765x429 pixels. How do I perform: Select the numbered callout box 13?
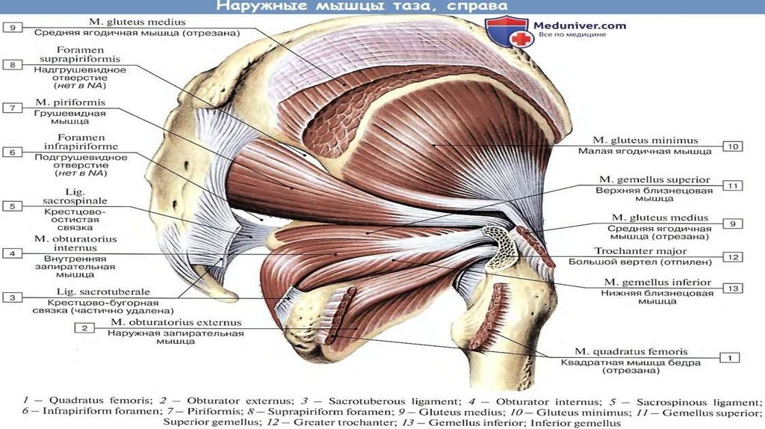coord(732,288)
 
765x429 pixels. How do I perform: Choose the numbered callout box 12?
coord(732,256)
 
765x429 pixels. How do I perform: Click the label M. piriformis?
coord(69,102)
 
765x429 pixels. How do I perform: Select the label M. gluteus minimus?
coord(645,140)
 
